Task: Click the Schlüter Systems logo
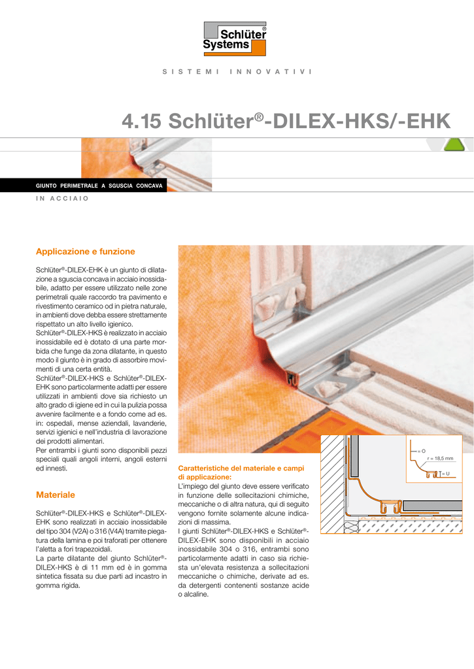tap(235, 39)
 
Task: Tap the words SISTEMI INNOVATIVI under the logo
tap(237, 72)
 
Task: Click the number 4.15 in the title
tap(141, 121)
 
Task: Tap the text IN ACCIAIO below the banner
tap(62, 199)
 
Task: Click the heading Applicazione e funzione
tap(86, 252)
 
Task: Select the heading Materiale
tap(56, 495)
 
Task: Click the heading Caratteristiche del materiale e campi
tap(241, 468)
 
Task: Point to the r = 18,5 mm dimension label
tap(440, 459)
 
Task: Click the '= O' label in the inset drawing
tap(421, 451)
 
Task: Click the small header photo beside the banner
tap(146, 164)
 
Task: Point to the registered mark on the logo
tap(264, 28)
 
